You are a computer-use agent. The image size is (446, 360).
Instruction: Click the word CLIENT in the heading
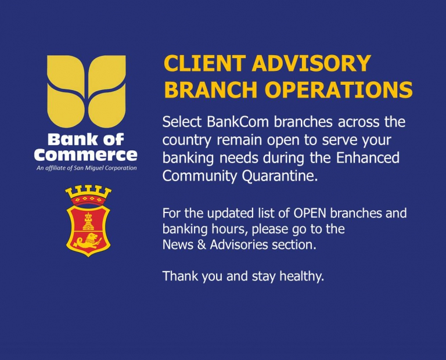(x=204, y=63)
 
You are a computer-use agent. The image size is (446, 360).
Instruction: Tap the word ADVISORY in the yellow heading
(x=311, y=63)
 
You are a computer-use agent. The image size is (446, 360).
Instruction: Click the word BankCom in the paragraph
(x=238, y=122)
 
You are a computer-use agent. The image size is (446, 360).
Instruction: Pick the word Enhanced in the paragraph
(x=368, y=158)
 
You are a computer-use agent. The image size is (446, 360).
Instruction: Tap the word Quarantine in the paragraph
(x=279, y=177)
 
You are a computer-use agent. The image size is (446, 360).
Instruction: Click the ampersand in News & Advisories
(x=202, y=244)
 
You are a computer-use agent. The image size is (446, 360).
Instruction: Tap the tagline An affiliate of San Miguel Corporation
(x=87, y=168)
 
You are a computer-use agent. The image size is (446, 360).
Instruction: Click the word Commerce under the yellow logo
(x=85, y=155)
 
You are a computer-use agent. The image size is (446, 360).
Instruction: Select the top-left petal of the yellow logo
(x=66, y=73)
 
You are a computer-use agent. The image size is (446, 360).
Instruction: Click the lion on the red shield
(x=87, y=241)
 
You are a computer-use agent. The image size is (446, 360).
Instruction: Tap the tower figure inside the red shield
(x=88, y=222)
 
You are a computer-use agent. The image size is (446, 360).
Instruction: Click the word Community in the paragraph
(x=199, y=177)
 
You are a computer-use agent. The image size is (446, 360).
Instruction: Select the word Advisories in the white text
(x=239, y=244)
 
